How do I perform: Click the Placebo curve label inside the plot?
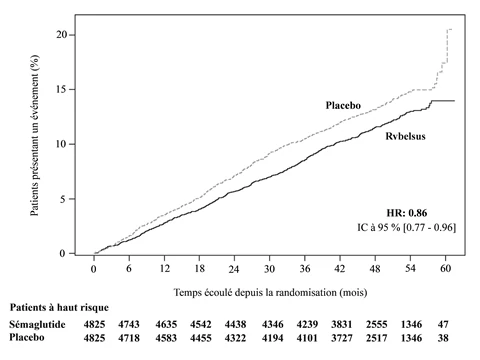pyautogui.click(x=343, y=105)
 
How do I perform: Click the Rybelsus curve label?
pyautogui.click(x=405, y=136)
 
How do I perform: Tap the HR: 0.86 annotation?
pyautogui.click(x=407, y=213)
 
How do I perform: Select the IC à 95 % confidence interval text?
pyautogui.click(x=406, y=227)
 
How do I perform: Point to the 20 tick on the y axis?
pyautogui.click(x=62, y=35)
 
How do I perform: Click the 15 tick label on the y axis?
pyautogui.click(x=62, y=89)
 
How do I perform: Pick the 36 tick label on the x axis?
pyautogui.click(x=305, y=268)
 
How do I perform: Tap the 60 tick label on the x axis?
pyautogui.click(x=445, y=268)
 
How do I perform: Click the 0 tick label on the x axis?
pyautogui.click(x=94, y=269)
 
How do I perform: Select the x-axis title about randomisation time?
pyautogui.click(x=270, y=292)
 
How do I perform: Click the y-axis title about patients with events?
pyautogui.click(x=34, y=135)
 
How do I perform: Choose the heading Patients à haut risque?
pyautogui.click(x=59, y=307)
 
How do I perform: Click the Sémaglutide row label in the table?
pyautogui.click(x=37, y=324)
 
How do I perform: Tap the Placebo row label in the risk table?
pyautogui.click(x=27, y=337)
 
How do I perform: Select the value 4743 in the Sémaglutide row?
pyautogui.click(x=129, y=324)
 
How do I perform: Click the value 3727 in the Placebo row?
pyautogui.click(x=342, y=338)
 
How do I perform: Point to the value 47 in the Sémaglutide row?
pyautogui.click(x=443, y=324)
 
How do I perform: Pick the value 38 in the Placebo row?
pyautogui.click(x=443, y=338)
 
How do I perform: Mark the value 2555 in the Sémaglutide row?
pyautogui.click(x=377, y=324)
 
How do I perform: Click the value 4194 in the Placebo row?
pyautogui.click(x=273, y=338)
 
